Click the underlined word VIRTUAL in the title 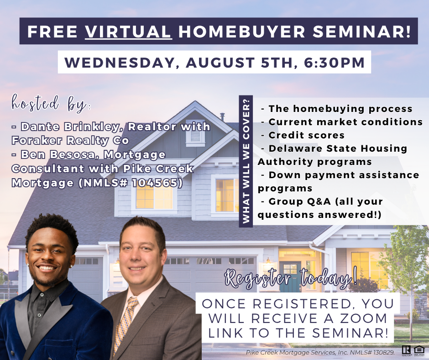tap(129, 31)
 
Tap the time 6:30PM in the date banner tap(335, 62)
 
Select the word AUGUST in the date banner tap(220, 62)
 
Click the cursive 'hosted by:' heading tap(51, 104)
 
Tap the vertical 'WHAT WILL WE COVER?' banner tap(246, 161)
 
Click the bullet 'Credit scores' tap(306, 135)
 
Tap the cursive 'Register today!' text tap(291, 279)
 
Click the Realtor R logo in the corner tap(406, 350)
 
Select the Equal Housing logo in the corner tap(419, 350)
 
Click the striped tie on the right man tap(125, 323)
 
